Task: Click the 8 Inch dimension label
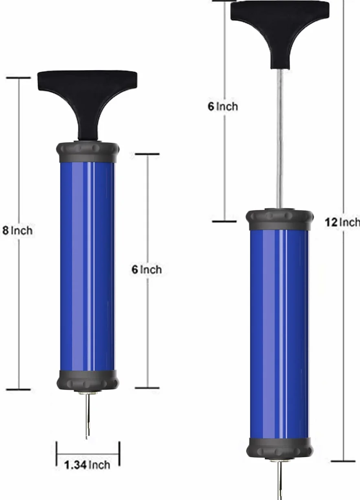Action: (x=18, y=230)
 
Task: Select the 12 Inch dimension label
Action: (x=342, y=222)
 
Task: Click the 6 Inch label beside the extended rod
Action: (x=223, y=106)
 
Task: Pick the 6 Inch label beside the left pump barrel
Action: (x=147, y=269)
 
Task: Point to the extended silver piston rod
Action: (x=280, y=139)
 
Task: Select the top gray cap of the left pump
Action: (x=88, y=152)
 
